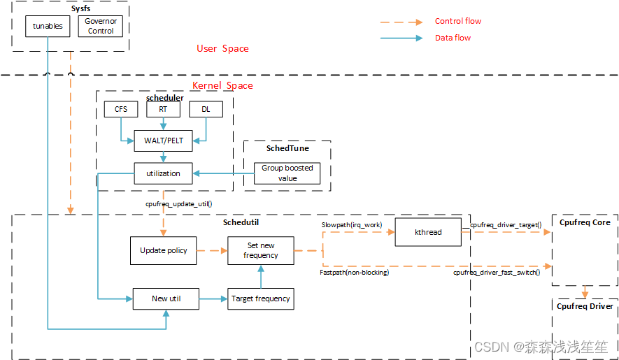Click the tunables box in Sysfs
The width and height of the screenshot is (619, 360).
(x=48, y=26)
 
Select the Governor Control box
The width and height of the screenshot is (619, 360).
(x=101, y=27)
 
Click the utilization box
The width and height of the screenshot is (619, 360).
(x=163, y=173)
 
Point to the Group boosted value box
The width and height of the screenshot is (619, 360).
(x=287, y=173)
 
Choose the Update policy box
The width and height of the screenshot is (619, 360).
(x=164, y=250)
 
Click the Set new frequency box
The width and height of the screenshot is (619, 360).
(x=261, y=250)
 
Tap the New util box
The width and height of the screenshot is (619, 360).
(x=166, y=298)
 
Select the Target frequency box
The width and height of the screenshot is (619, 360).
(x=261, y=298)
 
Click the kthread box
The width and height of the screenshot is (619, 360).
(x=428, y=232)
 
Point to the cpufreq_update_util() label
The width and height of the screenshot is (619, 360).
(x=178, y=204)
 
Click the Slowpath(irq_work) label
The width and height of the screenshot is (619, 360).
(x=352, y=224)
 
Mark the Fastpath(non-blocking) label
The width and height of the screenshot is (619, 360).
(x=354, y=272)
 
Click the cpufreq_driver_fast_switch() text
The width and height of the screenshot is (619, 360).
(x=497, y=272)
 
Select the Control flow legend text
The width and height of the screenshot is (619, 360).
(x=458, y=22)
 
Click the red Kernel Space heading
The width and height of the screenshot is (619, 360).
(x=222, y=85)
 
